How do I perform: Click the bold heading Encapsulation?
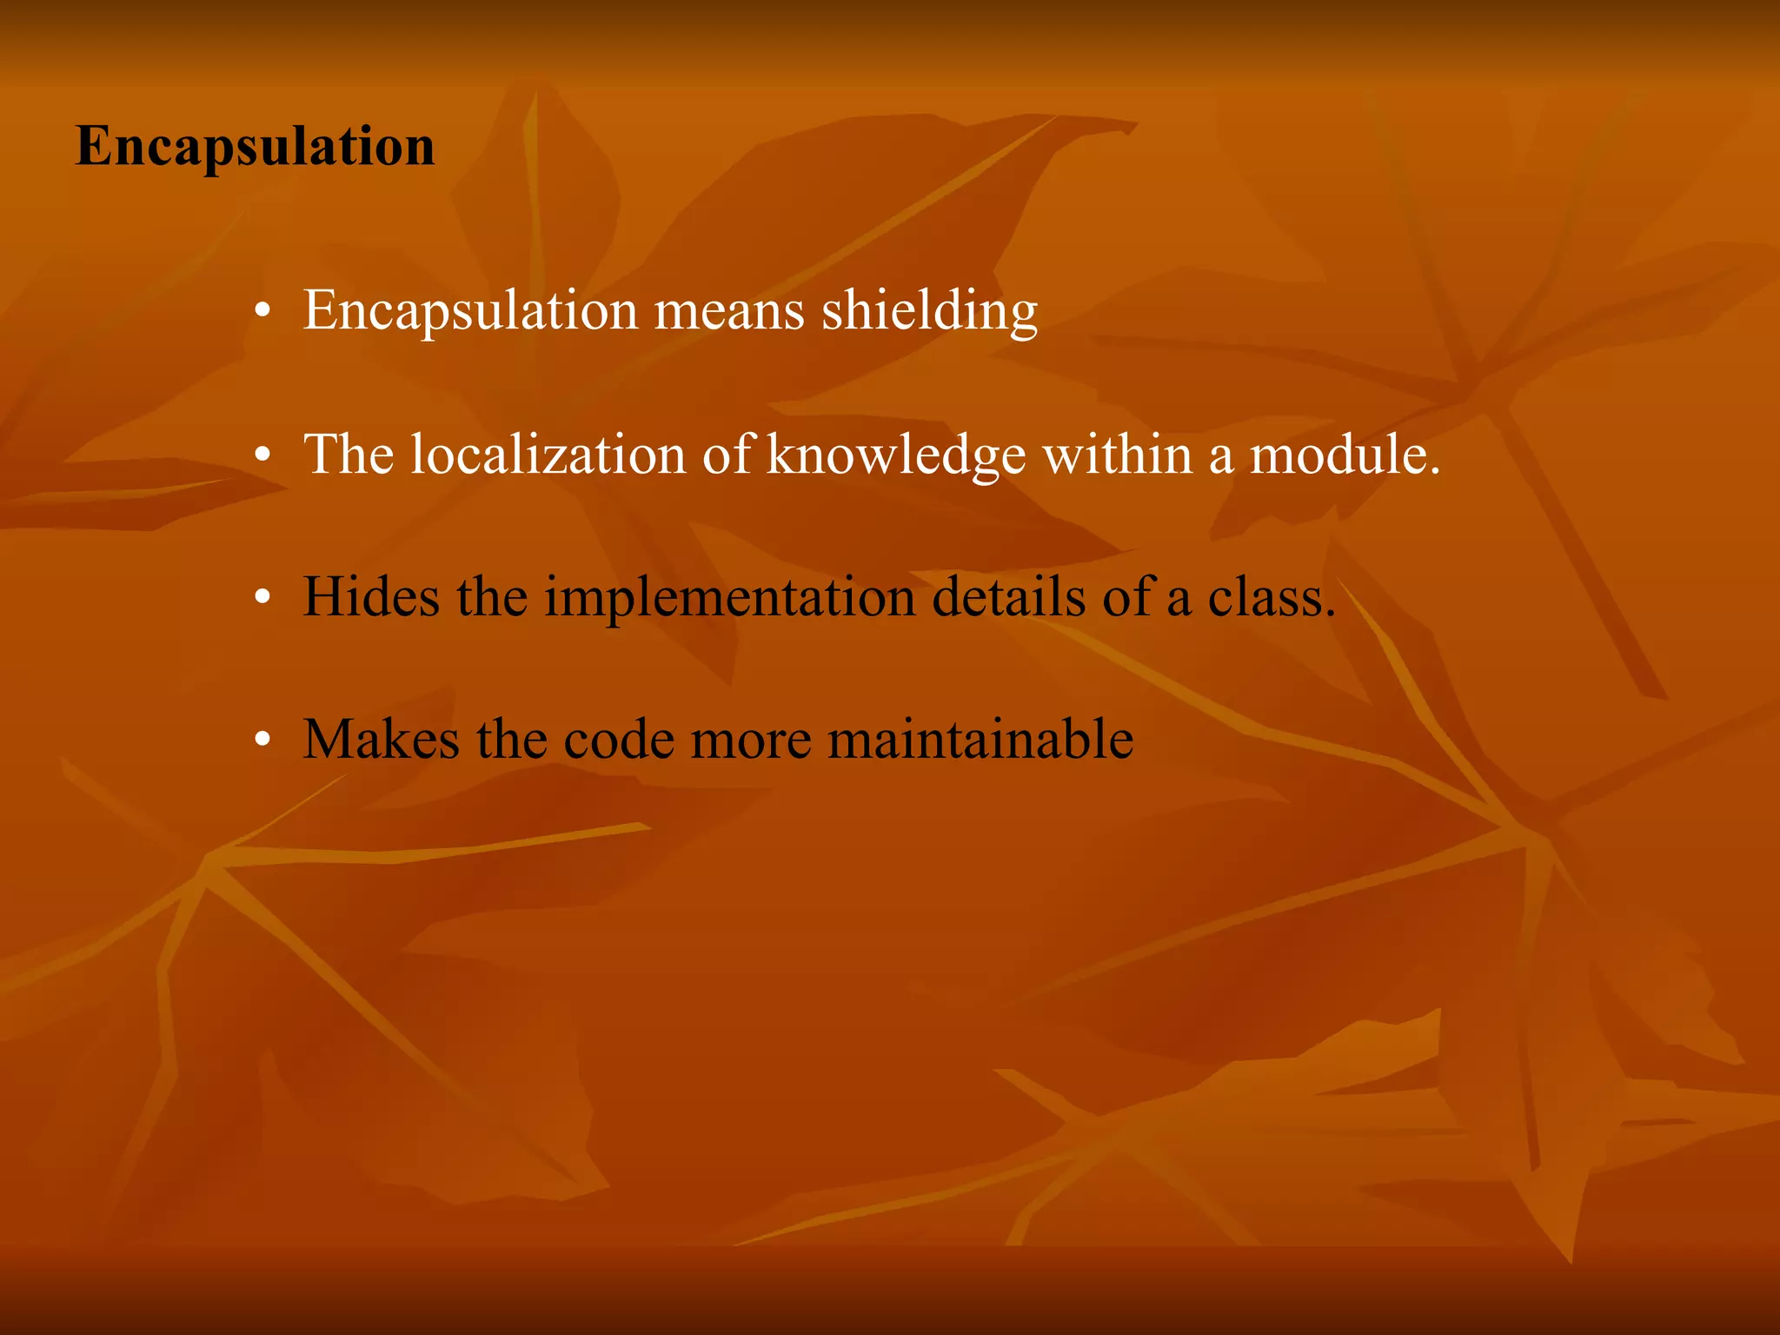[255, 146]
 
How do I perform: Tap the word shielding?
[929, 310]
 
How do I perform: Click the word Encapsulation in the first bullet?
[470, 310]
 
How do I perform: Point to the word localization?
[548, 454]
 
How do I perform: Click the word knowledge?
[896, 455]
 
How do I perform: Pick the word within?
[1118, 454]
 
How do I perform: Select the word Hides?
[371, 597]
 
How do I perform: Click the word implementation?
[730, 599]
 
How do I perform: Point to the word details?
[1008, 597]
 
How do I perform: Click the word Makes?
[381, 740]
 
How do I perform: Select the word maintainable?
[980, 740]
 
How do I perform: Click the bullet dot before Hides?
[263, 598]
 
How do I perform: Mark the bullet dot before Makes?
[263, 741]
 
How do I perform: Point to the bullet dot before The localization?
[263, 455]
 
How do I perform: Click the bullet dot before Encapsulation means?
[263, 311]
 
